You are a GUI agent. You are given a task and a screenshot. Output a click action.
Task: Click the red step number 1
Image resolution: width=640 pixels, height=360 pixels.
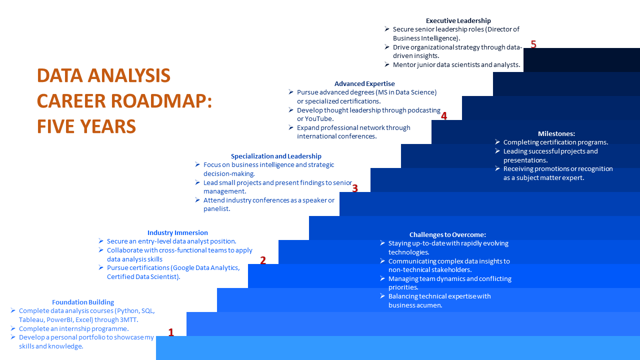coord(171,332)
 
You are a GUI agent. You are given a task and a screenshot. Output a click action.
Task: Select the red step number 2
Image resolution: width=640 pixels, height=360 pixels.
coord(263,260)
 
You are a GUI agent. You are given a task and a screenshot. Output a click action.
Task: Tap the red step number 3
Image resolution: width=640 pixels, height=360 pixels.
coord(355,188)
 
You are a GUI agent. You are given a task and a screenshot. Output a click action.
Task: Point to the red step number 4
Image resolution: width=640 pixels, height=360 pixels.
coord(444,116)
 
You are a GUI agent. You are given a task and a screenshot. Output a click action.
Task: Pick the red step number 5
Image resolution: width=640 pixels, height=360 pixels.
coord(533,44)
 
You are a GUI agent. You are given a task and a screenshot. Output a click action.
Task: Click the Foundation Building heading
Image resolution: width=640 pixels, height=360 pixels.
coord(83,302)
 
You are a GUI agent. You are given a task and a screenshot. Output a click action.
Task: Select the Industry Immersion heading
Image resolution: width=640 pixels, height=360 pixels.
coord(177,232)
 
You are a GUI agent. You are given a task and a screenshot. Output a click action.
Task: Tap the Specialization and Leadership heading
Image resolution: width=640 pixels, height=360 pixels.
coord(276,156)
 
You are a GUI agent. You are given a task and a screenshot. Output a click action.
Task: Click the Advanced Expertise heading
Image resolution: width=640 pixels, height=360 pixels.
coord(364,83)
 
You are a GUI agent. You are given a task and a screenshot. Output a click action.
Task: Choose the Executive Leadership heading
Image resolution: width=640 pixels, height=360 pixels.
coord(458,20)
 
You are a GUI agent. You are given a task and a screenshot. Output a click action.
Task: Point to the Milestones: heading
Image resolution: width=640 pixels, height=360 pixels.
coord(556,133)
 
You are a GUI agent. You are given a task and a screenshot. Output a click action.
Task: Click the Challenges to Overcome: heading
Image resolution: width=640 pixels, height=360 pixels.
coord(447,234)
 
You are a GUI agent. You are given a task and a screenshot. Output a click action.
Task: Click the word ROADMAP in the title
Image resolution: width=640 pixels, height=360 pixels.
coord(159,101)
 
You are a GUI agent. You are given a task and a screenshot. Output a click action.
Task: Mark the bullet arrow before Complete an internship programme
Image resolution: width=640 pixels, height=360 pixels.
coord(13,328)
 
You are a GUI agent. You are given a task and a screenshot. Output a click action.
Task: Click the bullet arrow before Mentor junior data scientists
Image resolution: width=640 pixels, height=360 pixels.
coord(387,64)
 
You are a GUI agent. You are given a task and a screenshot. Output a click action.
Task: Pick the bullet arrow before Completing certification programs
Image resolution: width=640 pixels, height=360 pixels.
coord(497,142)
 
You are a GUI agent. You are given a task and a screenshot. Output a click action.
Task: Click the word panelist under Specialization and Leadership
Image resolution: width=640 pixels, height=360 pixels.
coord(216,208)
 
